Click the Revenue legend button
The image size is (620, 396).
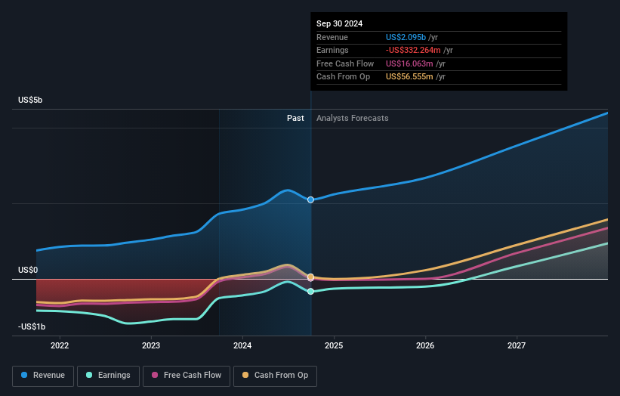pyautogui.click(x=43, y=375)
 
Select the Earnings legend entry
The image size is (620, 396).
pyautogui.click(x=107, y=375)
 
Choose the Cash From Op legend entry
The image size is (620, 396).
pyautogui.click(x=275, y=375)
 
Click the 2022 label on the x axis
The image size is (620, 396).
pyautogui.click(x=60, y=345)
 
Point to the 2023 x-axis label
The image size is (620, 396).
pyautogui.click(x=151, y=345)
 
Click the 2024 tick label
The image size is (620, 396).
pyautogui.click(x=242, y=345)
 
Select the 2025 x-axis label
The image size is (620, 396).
pyautogui.click(x=334, y=345)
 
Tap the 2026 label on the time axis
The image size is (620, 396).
pyautogui.click(x=425, y=345)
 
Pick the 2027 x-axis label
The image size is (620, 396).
pyautogui.click(x=517, y=345)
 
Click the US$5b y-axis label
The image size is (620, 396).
pyautogui.click(x=31, y=100)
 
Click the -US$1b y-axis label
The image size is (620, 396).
pyautogui.click(x=32, y=326)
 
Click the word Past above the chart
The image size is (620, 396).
pyautogui.click(x=295, y=118)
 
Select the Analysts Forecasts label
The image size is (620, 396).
pyautogui.click(x=353, y=118)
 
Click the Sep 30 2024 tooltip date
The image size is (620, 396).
pyautogui.click(x=340, y=23)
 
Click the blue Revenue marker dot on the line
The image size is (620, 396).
pyautogui.click(x=310, y=200)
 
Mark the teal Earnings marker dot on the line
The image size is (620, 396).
pyautogui.click(x=310, y=291)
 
